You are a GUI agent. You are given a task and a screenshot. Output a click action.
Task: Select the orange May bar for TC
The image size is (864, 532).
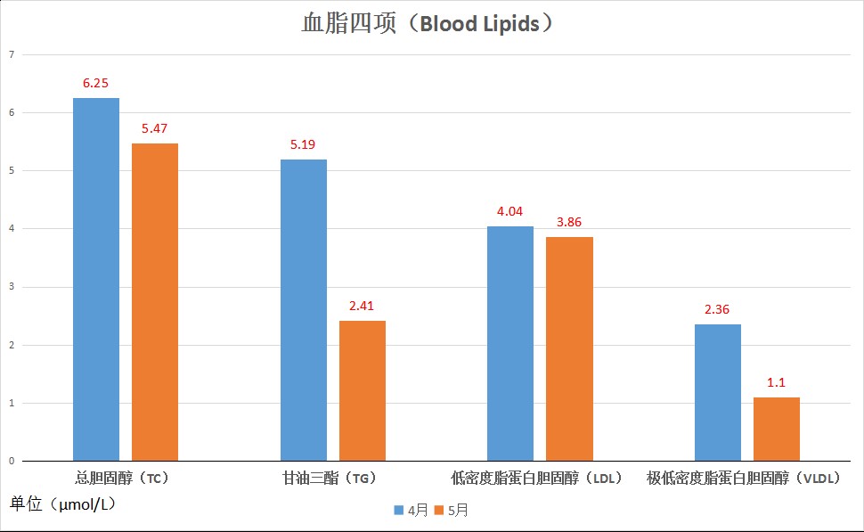click(x=155, y=302)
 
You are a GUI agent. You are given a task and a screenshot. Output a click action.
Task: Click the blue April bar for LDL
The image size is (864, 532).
click(x=510, y=343)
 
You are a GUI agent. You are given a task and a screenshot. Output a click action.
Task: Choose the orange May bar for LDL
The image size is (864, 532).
click(x=569, y=348)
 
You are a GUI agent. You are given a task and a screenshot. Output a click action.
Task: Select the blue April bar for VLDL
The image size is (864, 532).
click(x=718, y=392)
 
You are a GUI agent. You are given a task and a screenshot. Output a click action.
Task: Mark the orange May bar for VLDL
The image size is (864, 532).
click(x=777, y=429)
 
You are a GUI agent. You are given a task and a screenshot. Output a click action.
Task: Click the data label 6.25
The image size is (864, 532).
click(x=95, y=83)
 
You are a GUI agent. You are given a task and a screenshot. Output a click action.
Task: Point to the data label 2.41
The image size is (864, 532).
click(x=362, y=306)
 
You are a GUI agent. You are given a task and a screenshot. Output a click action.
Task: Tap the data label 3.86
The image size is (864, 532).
click(x=569, y=222)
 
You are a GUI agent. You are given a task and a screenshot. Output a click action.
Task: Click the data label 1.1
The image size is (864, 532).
click(x=777, y=382)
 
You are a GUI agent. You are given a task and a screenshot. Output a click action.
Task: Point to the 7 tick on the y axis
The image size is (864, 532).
click(x=12, y=54)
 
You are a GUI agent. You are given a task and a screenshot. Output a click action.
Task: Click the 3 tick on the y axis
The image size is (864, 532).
click(x=12, y=287)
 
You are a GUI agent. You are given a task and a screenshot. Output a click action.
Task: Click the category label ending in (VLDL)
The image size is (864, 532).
click(x=745, y=479)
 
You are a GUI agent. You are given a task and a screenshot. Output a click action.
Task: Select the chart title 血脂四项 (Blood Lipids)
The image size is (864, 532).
click(x=431, y=24)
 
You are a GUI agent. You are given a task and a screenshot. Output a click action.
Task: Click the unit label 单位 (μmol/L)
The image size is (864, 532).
click(x=62, y=504)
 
